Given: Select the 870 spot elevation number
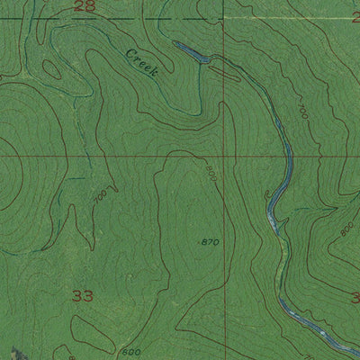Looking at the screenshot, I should click(209, 242).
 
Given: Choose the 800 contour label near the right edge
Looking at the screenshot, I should click(346, 229).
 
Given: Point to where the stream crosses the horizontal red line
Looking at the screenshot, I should click(291, 156).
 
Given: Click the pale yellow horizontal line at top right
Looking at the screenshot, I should click(288, 17).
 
